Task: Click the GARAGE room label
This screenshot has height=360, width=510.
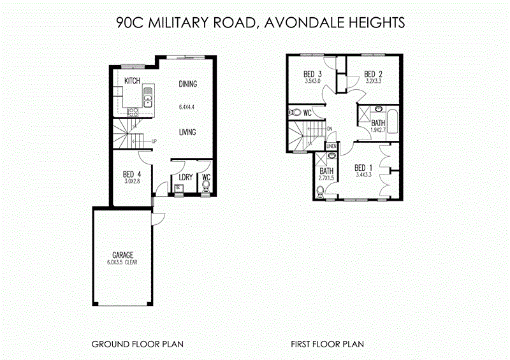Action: (x=123, y=255)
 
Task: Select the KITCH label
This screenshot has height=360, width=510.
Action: (x=132, y=81)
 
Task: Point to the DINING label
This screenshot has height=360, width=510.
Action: (x=187, y=84)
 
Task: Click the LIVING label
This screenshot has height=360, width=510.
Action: (x=187, y=133)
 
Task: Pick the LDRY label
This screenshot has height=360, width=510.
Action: (x=186, y=177)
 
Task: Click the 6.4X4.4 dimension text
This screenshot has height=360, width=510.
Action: (x=186, y=107)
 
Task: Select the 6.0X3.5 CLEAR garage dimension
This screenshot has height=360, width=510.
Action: (x=123, y=262)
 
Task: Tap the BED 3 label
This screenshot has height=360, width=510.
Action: (x=312, y=74)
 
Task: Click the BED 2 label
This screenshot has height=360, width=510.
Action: (x=373, y=74)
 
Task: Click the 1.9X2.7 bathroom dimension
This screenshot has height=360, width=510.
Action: (x=378, y=130)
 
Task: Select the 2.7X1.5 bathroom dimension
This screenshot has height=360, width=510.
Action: (x=326, y=178)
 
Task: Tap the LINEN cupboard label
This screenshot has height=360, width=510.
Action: (x=331, y=147)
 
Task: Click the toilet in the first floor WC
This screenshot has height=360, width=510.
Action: (x=295, y=113)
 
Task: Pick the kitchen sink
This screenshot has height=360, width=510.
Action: (x=148, y=98)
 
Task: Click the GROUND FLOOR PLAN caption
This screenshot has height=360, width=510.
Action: (x=138, y=344)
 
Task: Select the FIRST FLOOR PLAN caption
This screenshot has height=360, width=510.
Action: (x=327, y=344)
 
